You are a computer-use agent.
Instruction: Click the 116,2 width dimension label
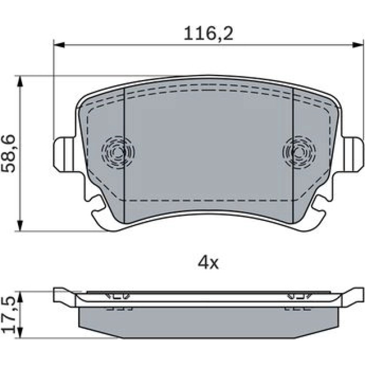coord(209,34)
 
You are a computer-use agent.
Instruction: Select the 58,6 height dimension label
coord(8,154)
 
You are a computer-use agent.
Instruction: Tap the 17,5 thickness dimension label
coord(8,315)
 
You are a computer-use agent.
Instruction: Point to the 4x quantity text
coord(208,263)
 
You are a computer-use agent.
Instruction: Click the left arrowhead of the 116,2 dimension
coord(59,45)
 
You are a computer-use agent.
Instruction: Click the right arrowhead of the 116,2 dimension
coord(358,45)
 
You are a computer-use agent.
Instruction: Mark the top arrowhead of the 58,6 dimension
coord(20,81)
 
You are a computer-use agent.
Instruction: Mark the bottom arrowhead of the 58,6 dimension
coord(20,226)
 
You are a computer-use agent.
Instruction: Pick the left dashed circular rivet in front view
coord(118,153)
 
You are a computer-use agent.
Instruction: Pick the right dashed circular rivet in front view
coord(299,153)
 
